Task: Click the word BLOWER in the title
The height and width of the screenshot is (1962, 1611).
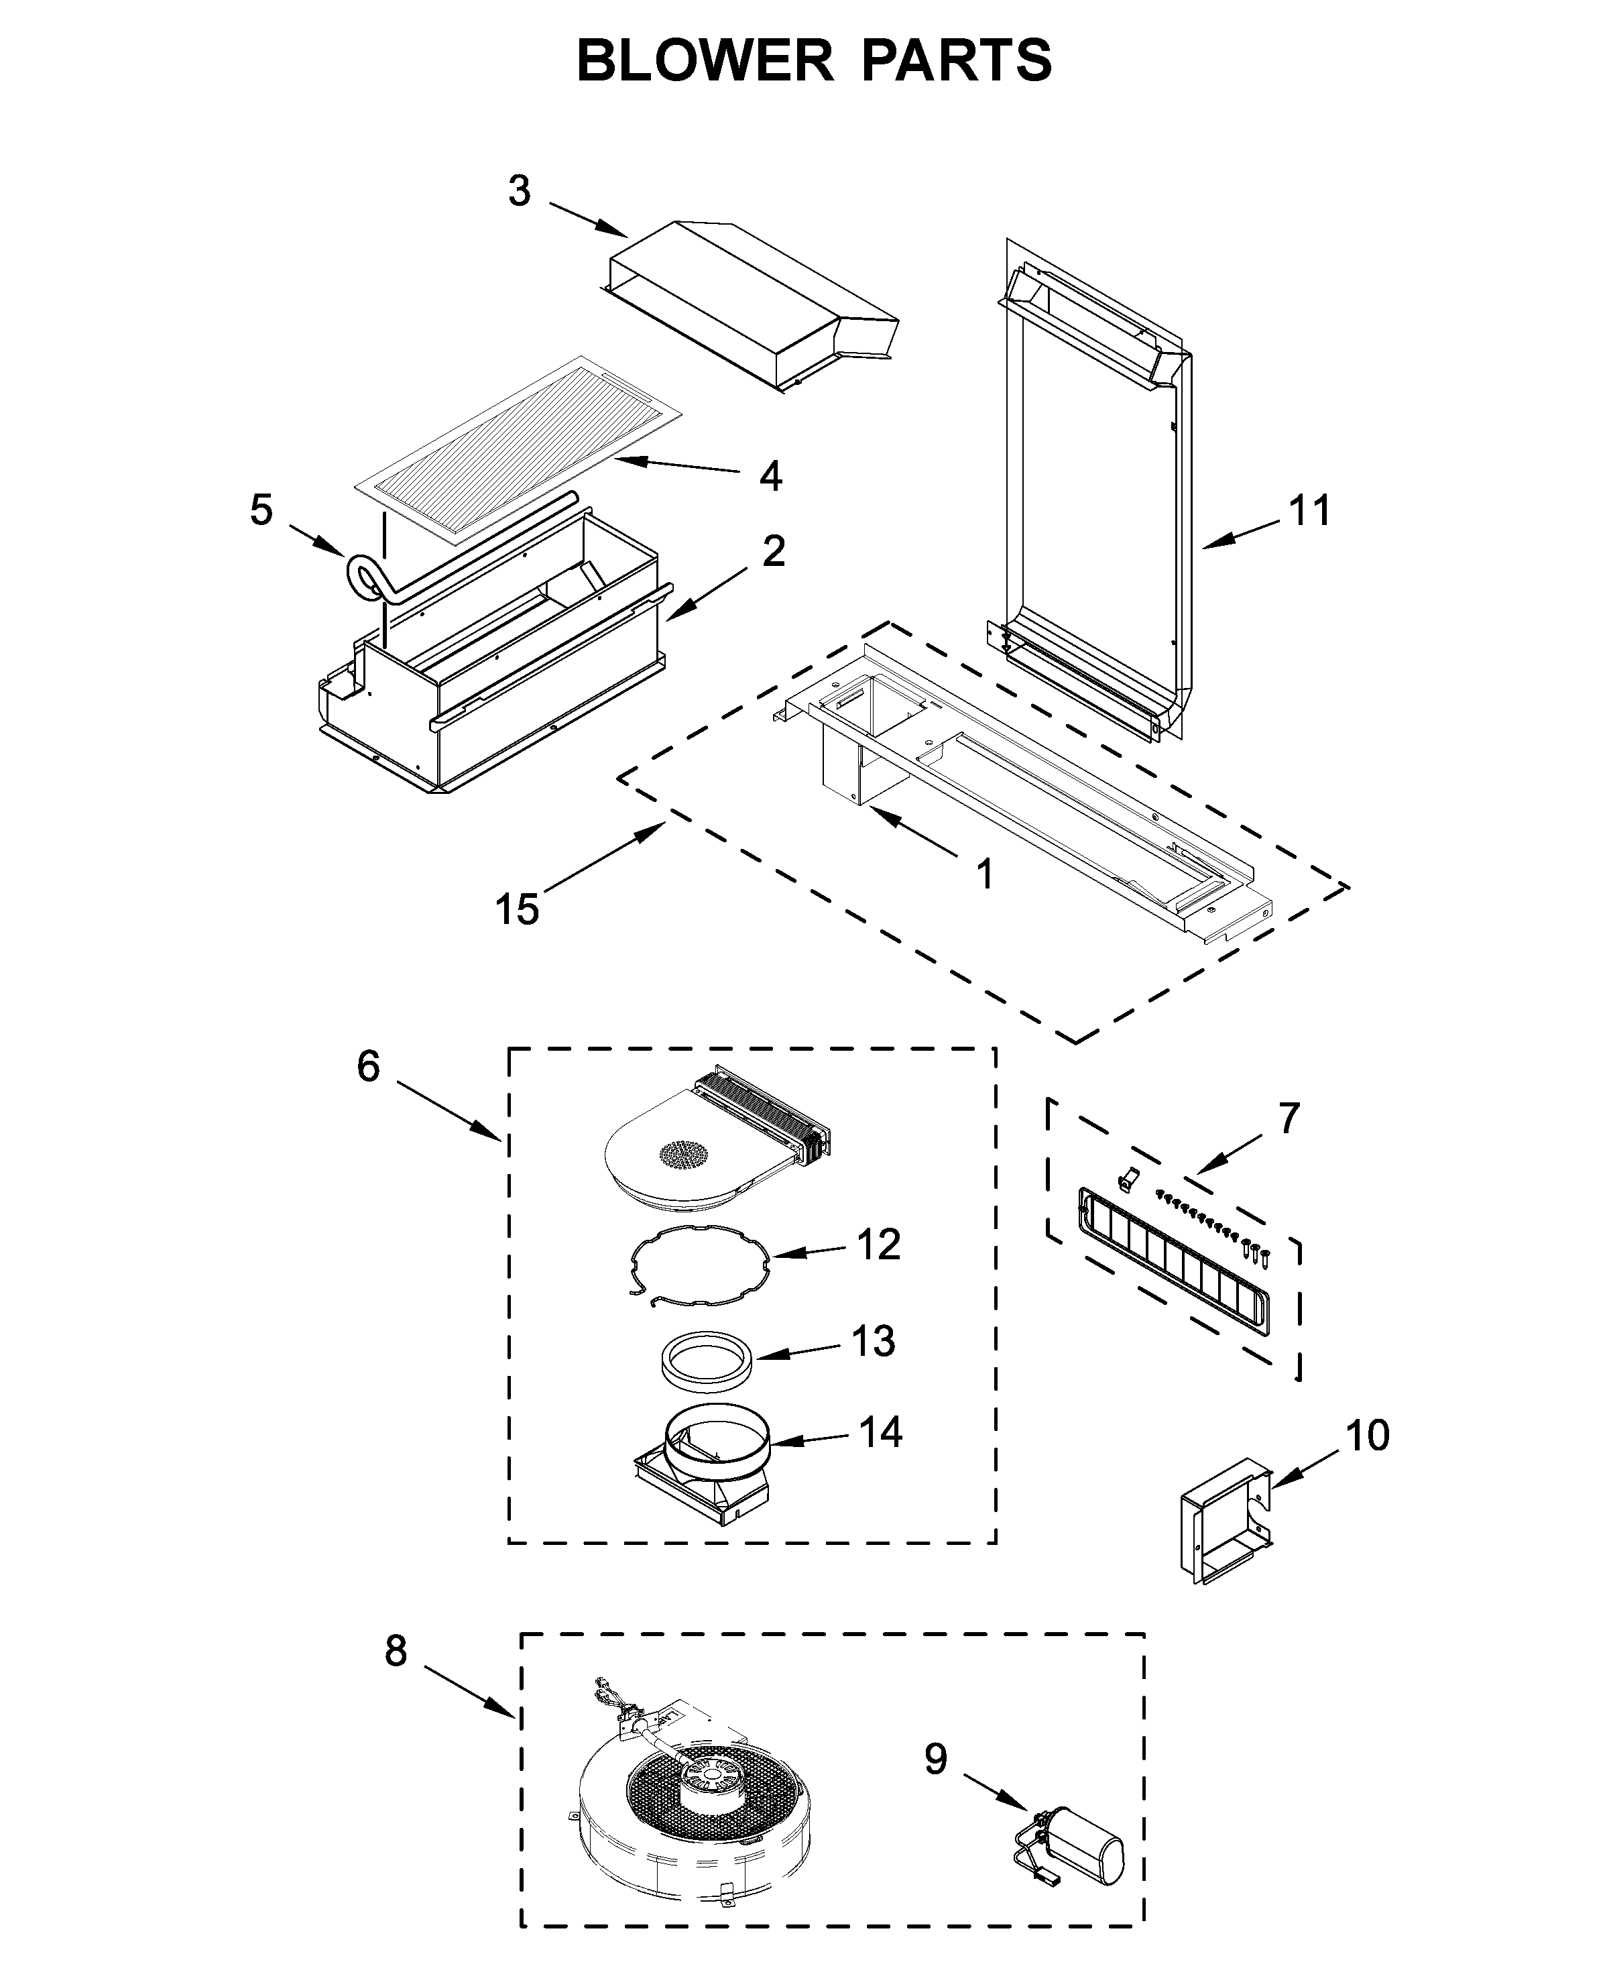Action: tap(705, 60)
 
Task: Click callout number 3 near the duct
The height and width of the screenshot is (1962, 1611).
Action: tap(519, 191)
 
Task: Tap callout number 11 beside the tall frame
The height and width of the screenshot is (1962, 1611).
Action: tap(1309, 510)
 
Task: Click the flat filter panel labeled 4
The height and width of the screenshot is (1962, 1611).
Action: tap(520, 445)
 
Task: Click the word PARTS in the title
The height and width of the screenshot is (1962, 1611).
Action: tap(957, 60)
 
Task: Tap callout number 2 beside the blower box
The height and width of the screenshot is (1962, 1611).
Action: tap(773, 551)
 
